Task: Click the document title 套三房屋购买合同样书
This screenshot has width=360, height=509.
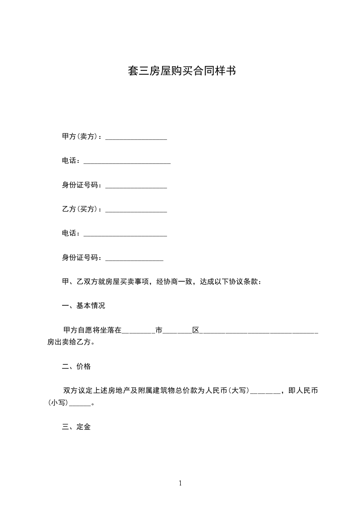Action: pos(181,71)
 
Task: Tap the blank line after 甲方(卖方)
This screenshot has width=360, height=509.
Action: pos(136,138)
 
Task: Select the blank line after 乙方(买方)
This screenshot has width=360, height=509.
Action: pos(136,211)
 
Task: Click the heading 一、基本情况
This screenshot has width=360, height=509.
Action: pos(84,306)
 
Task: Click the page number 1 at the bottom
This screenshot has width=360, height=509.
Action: pos(180,483)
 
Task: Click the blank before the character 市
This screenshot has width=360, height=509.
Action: pos(138,333)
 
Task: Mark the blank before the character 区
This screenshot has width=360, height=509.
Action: pos(177,333)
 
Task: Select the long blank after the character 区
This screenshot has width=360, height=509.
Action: pos(259,333)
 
